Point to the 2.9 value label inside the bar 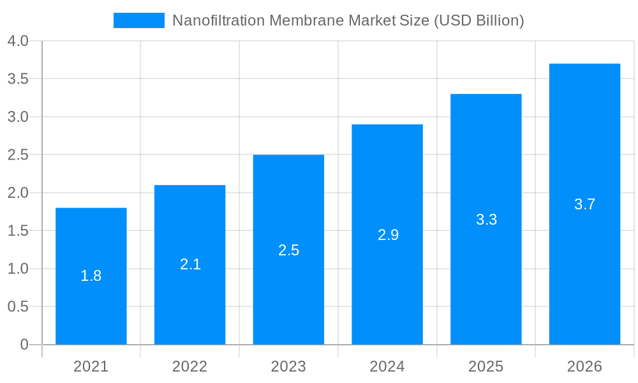388,235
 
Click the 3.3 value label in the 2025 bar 486,220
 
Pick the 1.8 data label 91,276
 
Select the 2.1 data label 190,264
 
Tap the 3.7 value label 584,204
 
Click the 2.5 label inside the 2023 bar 288,250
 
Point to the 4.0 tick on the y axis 18,41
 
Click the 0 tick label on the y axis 24,345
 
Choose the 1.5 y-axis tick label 18,231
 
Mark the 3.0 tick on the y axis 18,117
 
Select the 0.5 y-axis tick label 18,307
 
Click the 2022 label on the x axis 190,366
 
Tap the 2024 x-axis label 387,366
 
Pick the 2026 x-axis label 584,366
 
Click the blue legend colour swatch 139,20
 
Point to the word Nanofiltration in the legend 214,20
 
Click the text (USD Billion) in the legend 478,20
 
